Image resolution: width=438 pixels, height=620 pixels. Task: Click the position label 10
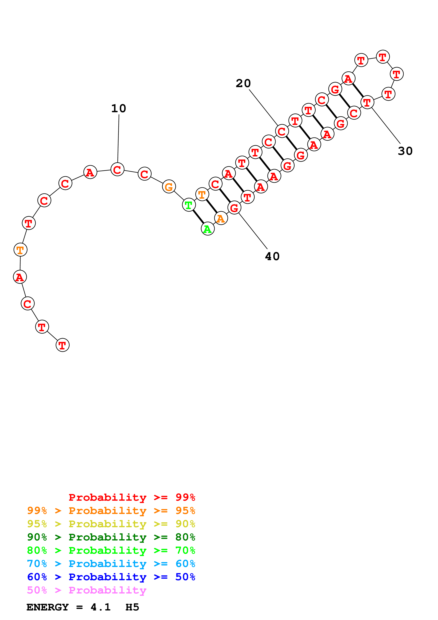tap(119, 109)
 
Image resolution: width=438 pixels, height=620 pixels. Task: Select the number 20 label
tap(243, 83)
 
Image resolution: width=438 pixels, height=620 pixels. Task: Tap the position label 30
tap(405, 151)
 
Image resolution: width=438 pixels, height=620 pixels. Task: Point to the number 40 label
tap(272, 256)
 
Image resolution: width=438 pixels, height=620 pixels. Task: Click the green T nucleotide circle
tap(189, 205)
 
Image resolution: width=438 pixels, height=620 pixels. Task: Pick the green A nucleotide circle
tap(208, 229)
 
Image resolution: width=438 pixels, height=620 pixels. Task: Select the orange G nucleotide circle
tap(169, 187)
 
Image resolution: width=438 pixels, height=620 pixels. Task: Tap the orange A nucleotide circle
tap(221, 218)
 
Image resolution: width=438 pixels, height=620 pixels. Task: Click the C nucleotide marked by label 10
tap(117, 170)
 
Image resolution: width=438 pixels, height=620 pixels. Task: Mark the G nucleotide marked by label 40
tap(234, 208)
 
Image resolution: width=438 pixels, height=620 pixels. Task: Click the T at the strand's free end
tap(62, 345)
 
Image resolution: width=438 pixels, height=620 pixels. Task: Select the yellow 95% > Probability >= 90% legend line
tap(111, 524)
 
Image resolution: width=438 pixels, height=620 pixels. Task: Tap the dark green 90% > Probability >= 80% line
tap(111, 537)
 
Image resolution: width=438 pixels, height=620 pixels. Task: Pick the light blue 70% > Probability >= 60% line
tap(111, 564)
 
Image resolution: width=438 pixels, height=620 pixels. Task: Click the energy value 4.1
tap(100, 607)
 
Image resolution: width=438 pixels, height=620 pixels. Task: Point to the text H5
tap(132, 607)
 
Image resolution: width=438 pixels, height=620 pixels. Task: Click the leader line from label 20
tap(263, 107)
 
